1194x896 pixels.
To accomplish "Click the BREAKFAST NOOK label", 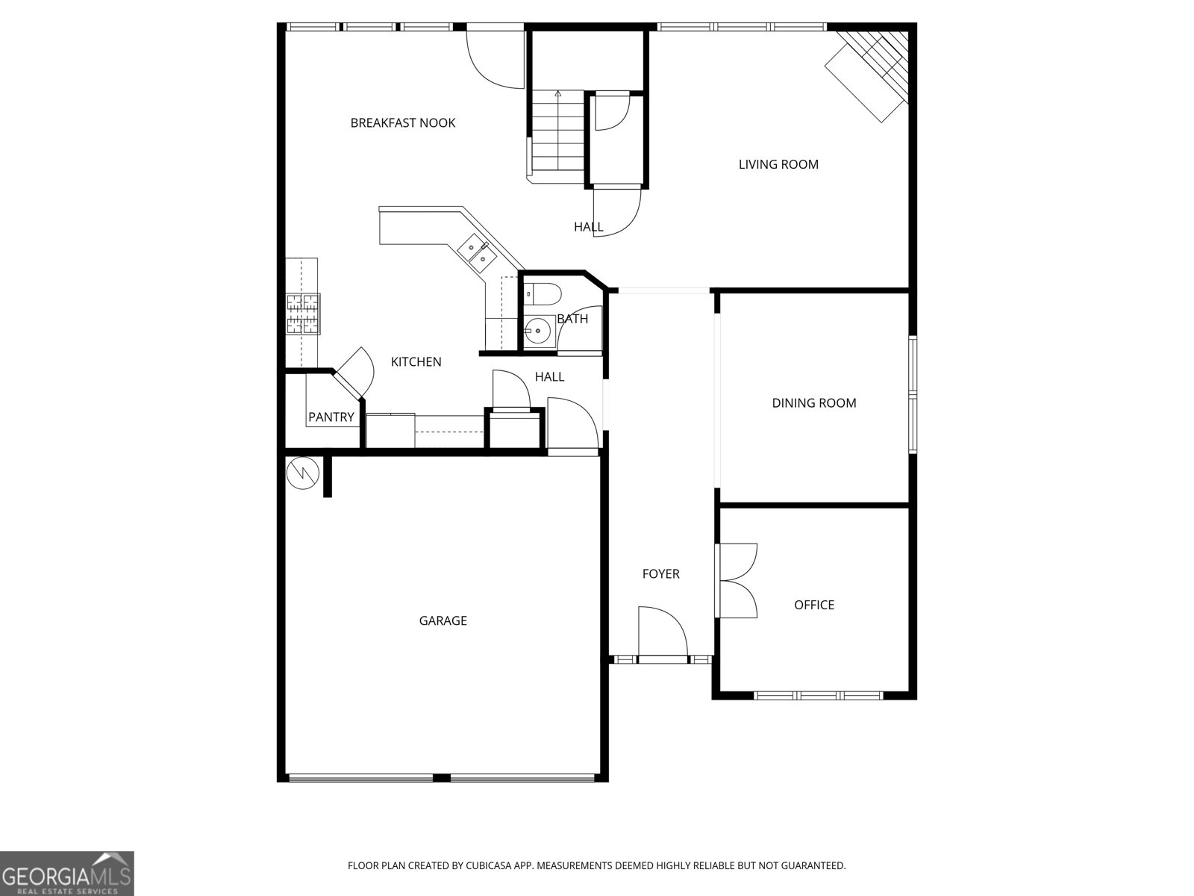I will (x=402, y=123).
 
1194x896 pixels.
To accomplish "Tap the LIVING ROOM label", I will (x=778, y=164).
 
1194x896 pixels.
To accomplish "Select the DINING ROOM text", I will (x=813, y=403).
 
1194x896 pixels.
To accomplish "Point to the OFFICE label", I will (x=813, y=605).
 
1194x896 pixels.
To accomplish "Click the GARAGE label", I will (x=443, y=620).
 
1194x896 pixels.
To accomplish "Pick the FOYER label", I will (x=660, y=574).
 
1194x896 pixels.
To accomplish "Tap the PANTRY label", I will (x=331, y=417).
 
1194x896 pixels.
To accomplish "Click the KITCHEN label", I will (x=416, y=362).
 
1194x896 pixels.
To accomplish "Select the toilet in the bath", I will (x=542, y=295).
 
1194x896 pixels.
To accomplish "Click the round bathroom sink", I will (x=537, y=329).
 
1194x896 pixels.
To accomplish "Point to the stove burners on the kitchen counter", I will (x=303, y=314).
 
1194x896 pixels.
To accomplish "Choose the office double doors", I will (x=737, y=580).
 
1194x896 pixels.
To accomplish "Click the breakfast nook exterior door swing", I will (x=495, y=58).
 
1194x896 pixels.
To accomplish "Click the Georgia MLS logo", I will (x=66, y=873).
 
